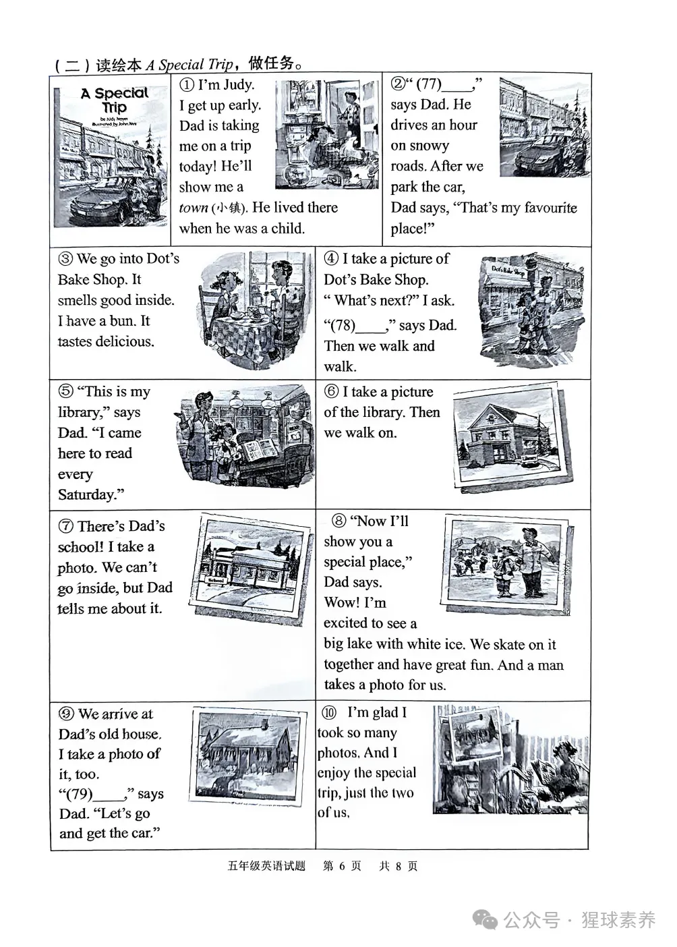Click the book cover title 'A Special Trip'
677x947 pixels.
tap(115, 100)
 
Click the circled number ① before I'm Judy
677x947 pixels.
tap(187, 85)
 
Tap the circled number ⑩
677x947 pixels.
tap(330, 713)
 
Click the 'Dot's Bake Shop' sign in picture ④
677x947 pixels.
tap(508, 271)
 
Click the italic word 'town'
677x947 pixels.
tap(194, 208)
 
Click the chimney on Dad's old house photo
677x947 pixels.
tap(265, 726)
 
